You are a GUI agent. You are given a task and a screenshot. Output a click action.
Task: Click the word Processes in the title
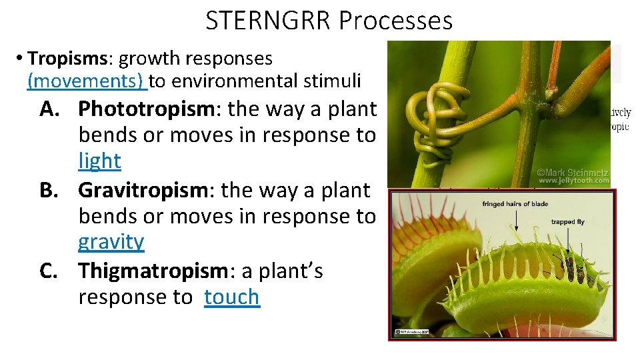point(395,21)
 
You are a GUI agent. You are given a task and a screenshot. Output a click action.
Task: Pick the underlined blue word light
point(99,161)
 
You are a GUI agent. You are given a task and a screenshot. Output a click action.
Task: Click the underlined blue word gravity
point(111,242)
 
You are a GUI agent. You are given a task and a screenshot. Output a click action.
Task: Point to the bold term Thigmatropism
point(153,271)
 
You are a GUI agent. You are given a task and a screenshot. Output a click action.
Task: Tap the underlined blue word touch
point(231,297)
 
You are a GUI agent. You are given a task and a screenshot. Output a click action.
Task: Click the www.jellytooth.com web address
point(573,180)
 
